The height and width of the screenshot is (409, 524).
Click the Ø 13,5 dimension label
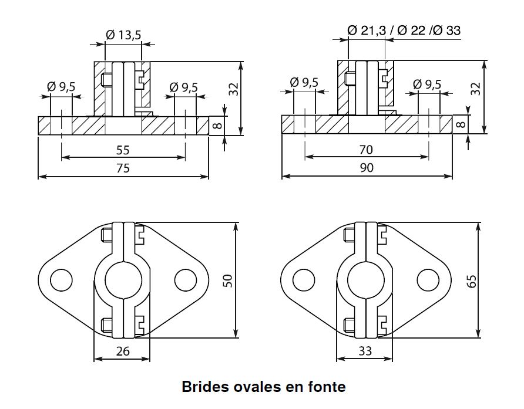[x=123, y=35]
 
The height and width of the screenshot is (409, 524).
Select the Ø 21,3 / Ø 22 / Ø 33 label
[x=404, y=30]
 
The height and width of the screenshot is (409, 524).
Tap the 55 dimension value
[x=123, y=150]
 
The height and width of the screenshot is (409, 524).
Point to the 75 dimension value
[x=123, y=168]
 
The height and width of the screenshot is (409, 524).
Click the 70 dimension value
[x=366, y=150]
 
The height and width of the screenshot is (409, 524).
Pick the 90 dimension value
[x=366, y=168]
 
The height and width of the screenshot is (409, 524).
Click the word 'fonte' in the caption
[x=325, y=387]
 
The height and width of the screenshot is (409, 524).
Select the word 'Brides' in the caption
[x=201, y=387]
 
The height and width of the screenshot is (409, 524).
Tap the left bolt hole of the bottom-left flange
[x=61, y=279]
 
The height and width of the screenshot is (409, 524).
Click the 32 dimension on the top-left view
[x=234, y=89]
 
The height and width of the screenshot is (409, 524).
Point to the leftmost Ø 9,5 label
[x=61, y=87]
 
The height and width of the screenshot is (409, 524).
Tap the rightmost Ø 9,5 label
[x=427, y=84]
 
